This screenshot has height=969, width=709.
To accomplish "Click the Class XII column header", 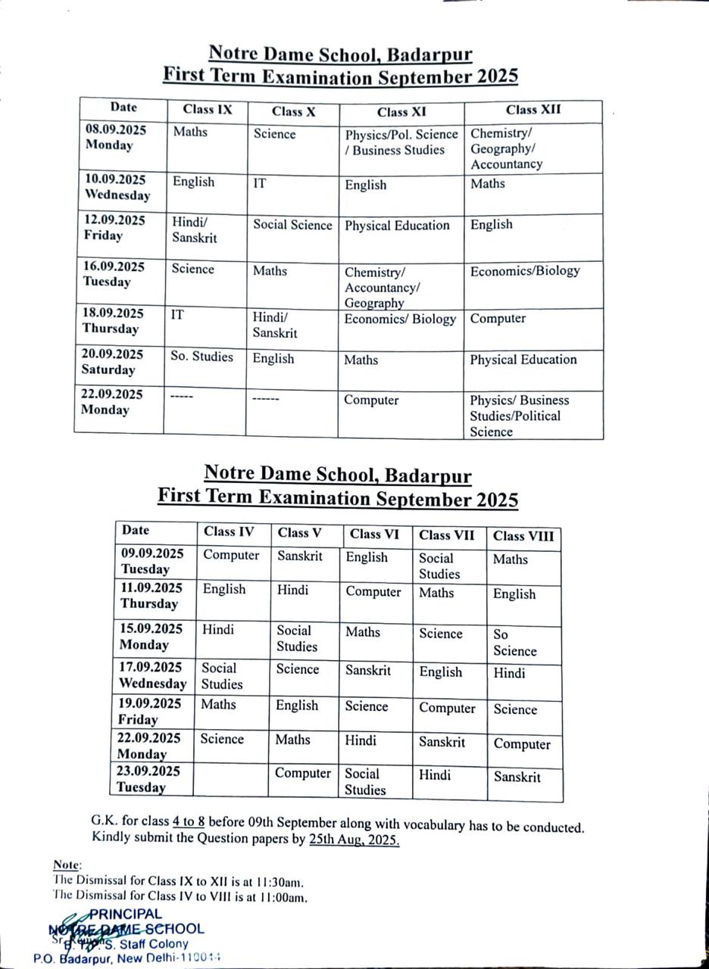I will coord(533,110).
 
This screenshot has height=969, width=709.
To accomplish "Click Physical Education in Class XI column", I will coord(397,226).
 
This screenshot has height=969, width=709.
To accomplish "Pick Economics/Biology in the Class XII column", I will coord(524,271).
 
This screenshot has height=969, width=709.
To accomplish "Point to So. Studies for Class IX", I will coord(201,357).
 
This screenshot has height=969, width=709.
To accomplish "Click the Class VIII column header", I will coord(523,537).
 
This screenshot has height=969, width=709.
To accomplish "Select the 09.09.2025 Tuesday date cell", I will coord(151,561).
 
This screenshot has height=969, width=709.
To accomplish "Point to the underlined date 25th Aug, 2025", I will coord(354,840).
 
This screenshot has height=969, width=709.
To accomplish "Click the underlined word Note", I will coord(67,865).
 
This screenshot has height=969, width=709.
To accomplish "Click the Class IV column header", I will coord(229,531).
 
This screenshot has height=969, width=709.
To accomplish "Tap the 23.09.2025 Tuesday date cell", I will coord(149,780).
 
